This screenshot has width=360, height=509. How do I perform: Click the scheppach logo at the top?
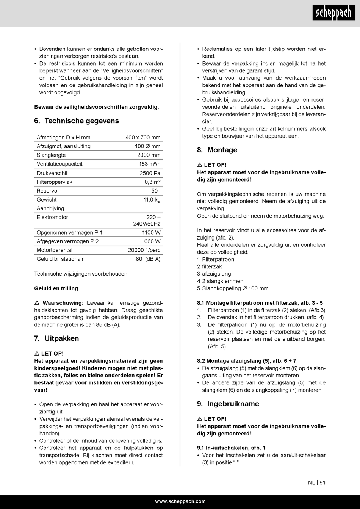(x=334, y=14)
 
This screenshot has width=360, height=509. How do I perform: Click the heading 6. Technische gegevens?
(x=76, y=121)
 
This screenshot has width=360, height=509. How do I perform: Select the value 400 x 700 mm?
(x=143, y=138)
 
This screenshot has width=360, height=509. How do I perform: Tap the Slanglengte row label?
(x=51, y=155)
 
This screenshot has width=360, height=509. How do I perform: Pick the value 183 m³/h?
(x=149, y=164)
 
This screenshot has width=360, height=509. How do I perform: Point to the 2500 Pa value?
(x=150, y=173)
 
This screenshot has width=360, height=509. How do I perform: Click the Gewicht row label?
(x=47, y=200)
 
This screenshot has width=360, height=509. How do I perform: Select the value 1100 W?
(x=151, y=233)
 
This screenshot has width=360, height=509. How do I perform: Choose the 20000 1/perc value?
(x=144, y=250)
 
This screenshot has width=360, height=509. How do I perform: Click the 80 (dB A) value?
(x=148, y=259)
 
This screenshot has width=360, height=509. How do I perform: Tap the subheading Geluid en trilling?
(x=56, y=288)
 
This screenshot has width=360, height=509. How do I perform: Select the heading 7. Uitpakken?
(x=56, y=338)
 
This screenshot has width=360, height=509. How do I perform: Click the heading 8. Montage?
(x=217, y=150)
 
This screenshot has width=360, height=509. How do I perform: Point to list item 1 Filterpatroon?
(x=216, y=260)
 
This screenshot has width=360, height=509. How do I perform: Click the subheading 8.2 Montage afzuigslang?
(x=247, y=361)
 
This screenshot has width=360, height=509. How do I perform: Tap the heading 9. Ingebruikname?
(x=228, y=404)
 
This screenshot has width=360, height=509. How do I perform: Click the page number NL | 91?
(x=317, y=483)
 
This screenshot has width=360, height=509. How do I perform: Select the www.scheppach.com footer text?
(x=180, y=501)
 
